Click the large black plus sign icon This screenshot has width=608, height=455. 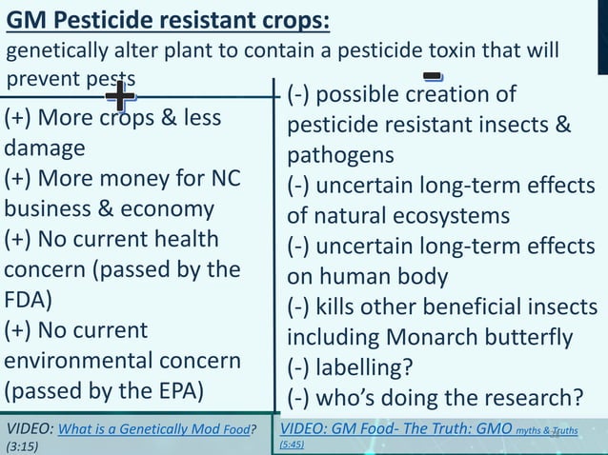pyautogui.click(x=120, y=96)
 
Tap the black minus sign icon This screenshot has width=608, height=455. pyautogui.click(x=433, y=75)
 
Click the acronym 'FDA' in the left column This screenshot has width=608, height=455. pyautogui.click(x=28, y=299)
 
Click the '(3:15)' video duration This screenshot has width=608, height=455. pyautogui.click(x=22, y=445)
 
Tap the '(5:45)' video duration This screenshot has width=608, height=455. pyautogui.click(x=293, y=444)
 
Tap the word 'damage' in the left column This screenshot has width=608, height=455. pyautogui.click(x=45, y=148)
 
